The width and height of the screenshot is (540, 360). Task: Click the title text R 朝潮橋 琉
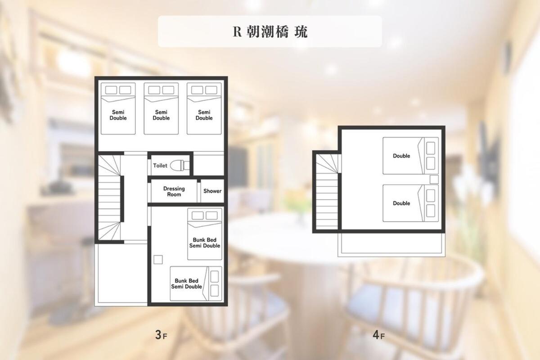tap(270, 32)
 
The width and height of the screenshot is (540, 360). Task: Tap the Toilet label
tap(160, 166)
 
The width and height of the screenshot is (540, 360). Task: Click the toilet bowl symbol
tap(180, 166)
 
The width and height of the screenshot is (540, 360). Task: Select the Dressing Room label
tap(174, 191)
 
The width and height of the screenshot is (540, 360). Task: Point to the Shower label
tap(212, 191)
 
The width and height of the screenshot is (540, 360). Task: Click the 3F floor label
tap(161, 334)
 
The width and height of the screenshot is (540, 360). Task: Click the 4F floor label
tap(379, 334)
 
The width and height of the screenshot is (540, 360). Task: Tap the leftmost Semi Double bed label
tap(118, 115)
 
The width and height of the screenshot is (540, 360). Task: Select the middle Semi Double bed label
tap(161, 115)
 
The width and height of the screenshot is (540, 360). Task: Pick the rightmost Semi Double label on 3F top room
tap(204, 115)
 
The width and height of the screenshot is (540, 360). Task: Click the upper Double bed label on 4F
tap(401, 156)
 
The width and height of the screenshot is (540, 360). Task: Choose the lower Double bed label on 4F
tap(401, 203)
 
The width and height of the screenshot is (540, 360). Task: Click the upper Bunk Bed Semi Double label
tap(205, 243)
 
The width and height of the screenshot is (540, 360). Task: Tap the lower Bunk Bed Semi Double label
tap(187, 284)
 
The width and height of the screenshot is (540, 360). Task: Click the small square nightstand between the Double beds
tap(434, 180)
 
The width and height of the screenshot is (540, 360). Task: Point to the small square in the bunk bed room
tap(158, 260)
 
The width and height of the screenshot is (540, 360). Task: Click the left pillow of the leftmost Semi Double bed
tap(111, 90)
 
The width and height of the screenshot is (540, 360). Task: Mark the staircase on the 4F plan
tap(327, 192)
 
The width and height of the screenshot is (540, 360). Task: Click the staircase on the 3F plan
tap(109, 198)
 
